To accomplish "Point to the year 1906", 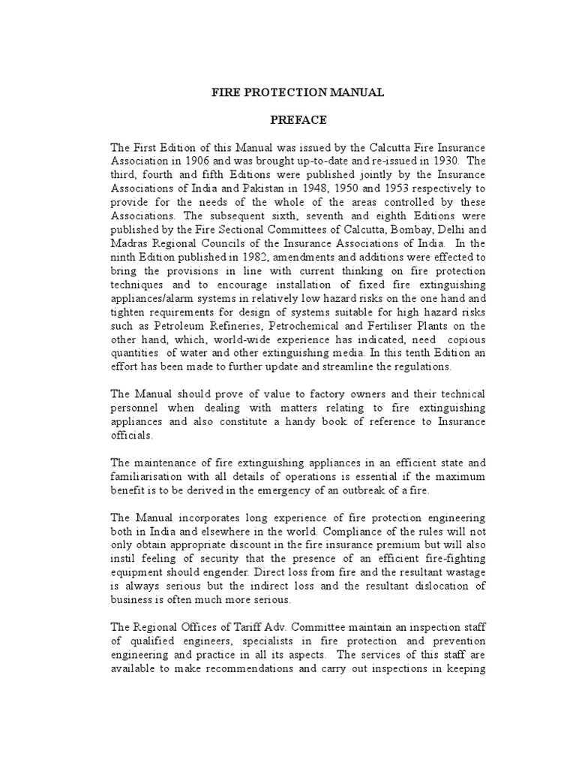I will [x=205, y=161].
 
